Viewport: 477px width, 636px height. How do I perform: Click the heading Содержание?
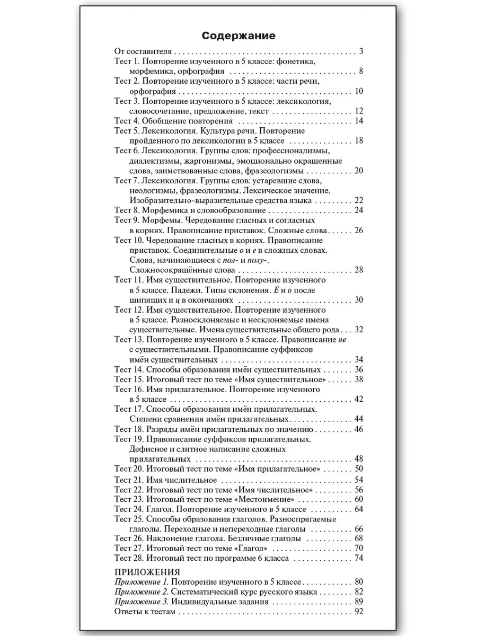pyautogui.click(x=238, y=36)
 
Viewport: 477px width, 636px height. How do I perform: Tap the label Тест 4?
pyautogui.click(x=127, y=121)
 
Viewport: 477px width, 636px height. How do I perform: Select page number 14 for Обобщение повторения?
pyautogui.click(x=358, y=121)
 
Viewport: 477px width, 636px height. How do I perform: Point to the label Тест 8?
pyautogui.click(x=127, y=210)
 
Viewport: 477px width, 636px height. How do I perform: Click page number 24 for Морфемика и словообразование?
pyautogui.click(x=358, y=210)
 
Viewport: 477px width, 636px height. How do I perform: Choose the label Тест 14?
pyautogui.click(x=129, y=369)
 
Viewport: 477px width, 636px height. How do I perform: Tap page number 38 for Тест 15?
pyautogui.click(x=358, y=379)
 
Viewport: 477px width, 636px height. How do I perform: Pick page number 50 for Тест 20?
pyautogui.click(x=358, y=469)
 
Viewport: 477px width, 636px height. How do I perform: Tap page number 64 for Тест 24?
pyautogui.click(x=358, y=509)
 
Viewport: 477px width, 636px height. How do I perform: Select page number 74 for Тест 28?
pyautogui.click(x=358, y=558)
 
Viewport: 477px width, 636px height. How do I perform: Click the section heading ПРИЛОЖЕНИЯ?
pyautogui.click(x=147, y=572)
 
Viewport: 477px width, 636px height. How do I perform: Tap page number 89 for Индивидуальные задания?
pyautogui.click(x=358, y=602)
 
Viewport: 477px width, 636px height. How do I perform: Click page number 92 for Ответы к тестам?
pyautogui.click(x=358, y=612)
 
